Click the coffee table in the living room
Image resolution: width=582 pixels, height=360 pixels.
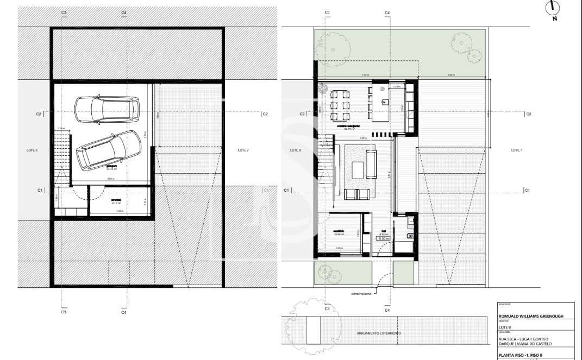coord(359,170)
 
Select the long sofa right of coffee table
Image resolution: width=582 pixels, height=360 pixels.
coord(372,165)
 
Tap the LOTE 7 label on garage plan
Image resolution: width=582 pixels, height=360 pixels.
coord(243,149)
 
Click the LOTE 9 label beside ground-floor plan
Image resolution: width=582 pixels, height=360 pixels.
coord(295,149)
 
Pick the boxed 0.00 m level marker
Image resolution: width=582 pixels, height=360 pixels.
coord(384,238)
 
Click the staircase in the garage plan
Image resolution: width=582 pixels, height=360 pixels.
coord(62,157)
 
